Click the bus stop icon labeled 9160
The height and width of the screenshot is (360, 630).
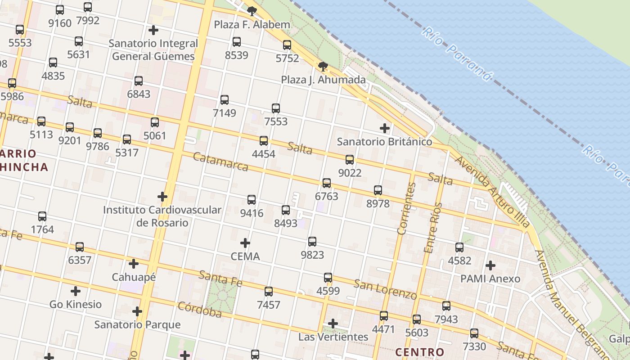59,10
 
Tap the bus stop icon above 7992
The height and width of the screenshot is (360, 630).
88,7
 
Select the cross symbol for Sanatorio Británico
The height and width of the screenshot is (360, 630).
384,128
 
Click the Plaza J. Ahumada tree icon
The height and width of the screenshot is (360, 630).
323,67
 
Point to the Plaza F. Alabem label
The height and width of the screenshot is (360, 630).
252,25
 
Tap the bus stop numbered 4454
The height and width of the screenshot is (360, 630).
264,141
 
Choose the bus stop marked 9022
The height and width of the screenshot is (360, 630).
350,160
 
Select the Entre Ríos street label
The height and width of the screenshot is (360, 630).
433,228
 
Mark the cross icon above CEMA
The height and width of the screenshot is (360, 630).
245,243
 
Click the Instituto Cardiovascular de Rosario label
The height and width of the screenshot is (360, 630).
162,216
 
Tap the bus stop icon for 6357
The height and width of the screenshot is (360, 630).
80,247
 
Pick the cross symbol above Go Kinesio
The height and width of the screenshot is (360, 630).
76,291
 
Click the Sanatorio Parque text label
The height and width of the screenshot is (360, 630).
137,324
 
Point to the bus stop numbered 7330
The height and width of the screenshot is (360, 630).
474,333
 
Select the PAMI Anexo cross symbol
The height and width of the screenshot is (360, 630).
490,265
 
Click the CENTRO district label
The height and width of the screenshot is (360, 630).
419,352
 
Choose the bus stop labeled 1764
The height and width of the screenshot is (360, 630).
42,216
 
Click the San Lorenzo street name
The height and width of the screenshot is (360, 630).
385,289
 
